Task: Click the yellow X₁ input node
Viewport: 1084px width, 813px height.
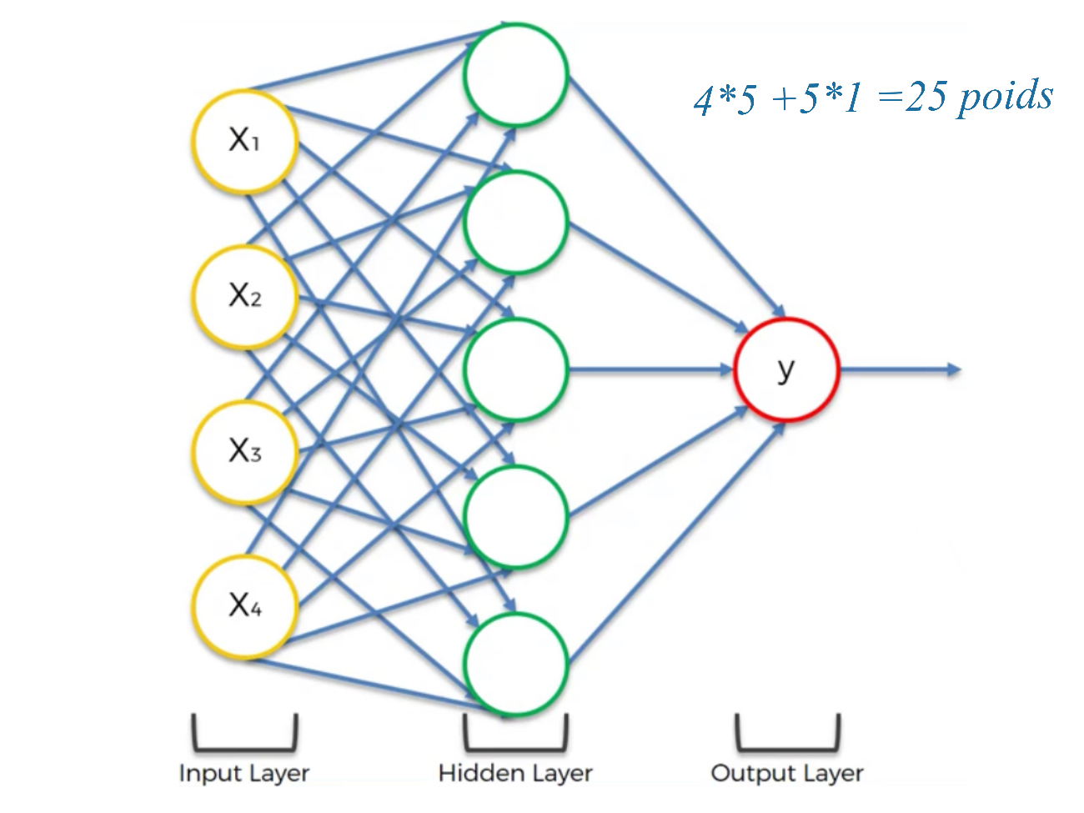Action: [x=244, y=141]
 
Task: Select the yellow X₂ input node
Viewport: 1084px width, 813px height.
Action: [x=244, y=296]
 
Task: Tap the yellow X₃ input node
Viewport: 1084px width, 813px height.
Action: [x=244, y=451]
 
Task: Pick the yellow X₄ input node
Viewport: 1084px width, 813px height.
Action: [x=244, y=605]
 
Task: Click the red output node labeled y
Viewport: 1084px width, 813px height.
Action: [x=785, y=369]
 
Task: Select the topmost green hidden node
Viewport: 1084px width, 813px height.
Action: [x=515, y=75]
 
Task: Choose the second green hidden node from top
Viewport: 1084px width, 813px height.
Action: [x=515, y=223]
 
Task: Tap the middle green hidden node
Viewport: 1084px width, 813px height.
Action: [x=515, y=369]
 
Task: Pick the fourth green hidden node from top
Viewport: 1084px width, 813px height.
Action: [x=515, y=517]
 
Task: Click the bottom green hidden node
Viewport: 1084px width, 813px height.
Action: [x=515, y=665]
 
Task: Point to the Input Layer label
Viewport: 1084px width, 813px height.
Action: [x=244, y=774]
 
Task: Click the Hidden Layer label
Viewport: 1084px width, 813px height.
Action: [x=515, y=774]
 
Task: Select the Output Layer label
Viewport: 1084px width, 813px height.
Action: [x=786, y=774]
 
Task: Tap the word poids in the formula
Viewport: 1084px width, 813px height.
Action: [x=1005, y=97]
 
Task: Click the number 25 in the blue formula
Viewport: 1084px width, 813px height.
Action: [x=926, y=98]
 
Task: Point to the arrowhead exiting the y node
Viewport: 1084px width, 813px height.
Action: [x=954, y=369]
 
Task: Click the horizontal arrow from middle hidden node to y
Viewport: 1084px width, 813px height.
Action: [x=650, y=369]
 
